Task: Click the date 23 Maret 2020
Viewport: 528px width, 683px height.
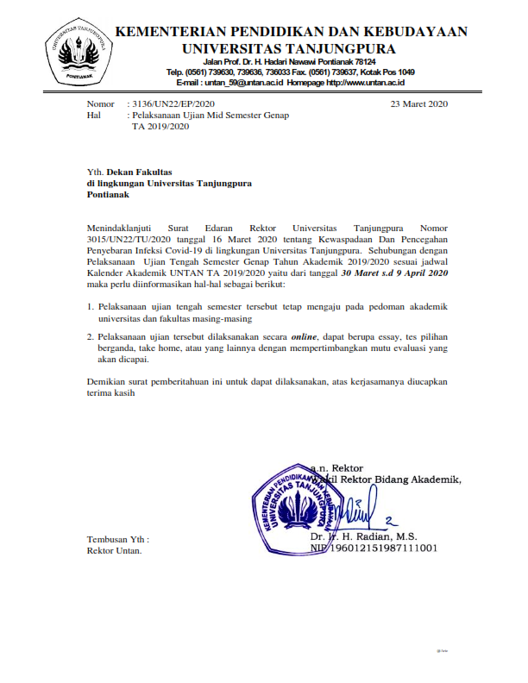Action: (x=420, y=103)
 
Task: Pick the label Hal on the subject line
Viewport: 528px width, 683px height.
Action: (x=95, y=115)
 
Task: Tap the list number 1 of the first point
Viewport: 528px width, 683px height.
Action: (x=91, y=307)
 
